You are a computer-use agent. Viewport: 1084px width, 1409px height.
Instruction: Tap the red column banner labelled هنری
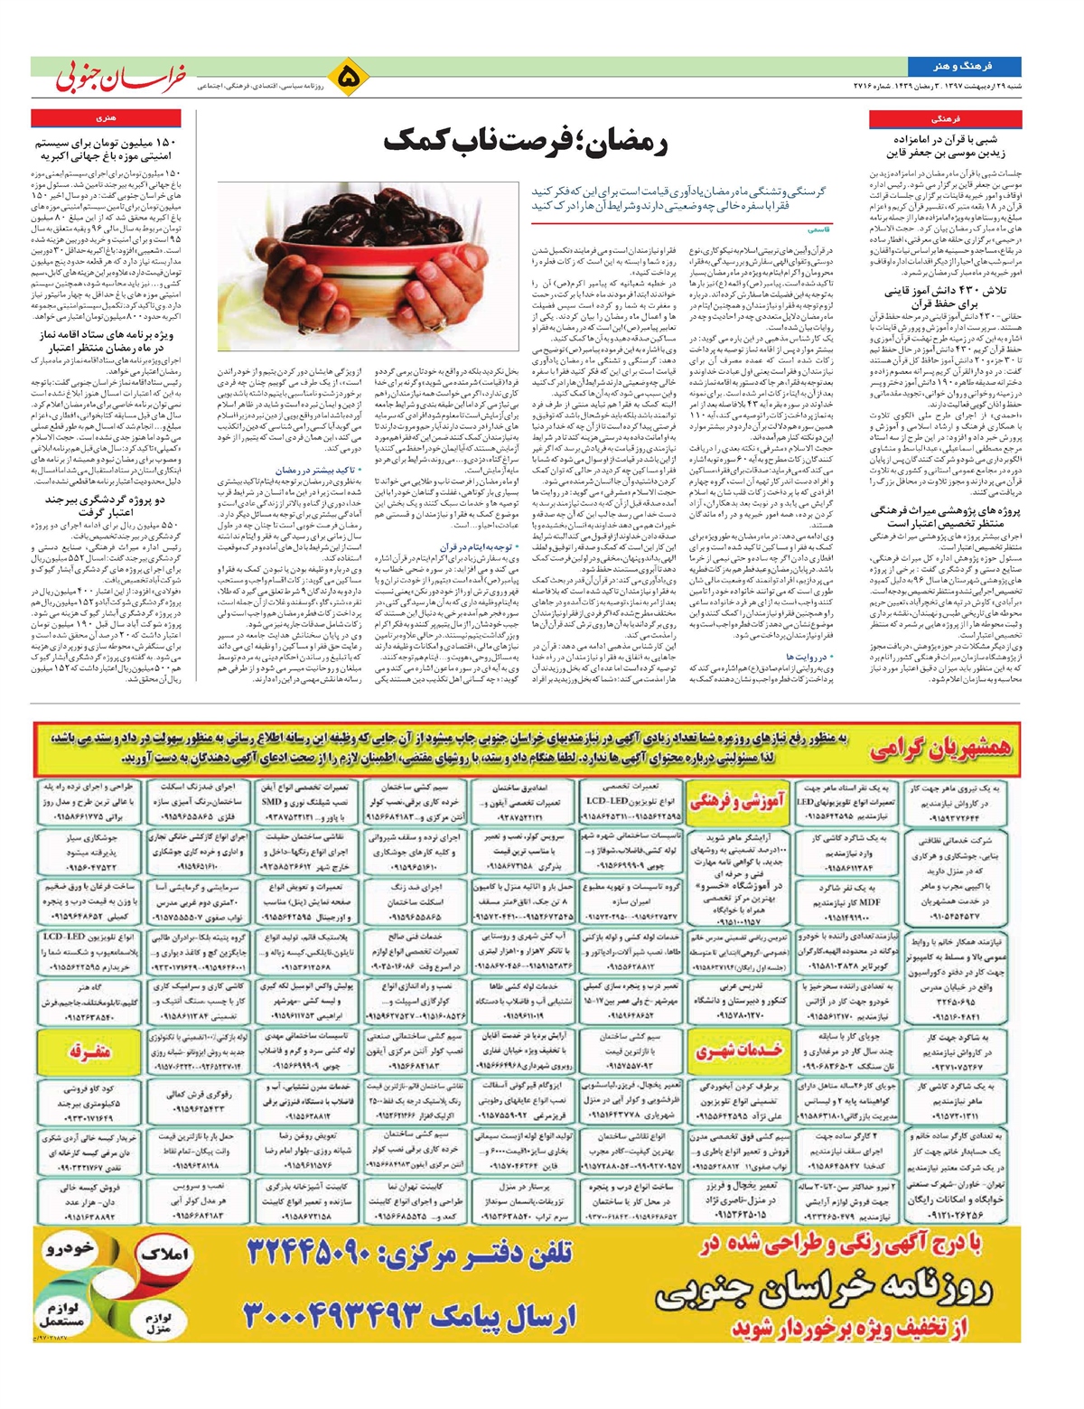click(106, 118)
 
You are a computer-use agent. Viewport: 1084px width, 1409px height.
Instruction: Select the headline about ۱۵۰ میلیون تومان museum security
click(106, 149)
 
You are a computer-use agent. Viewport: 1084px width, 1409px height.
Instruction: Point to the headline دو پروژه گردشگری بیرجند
click(106, 505)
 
